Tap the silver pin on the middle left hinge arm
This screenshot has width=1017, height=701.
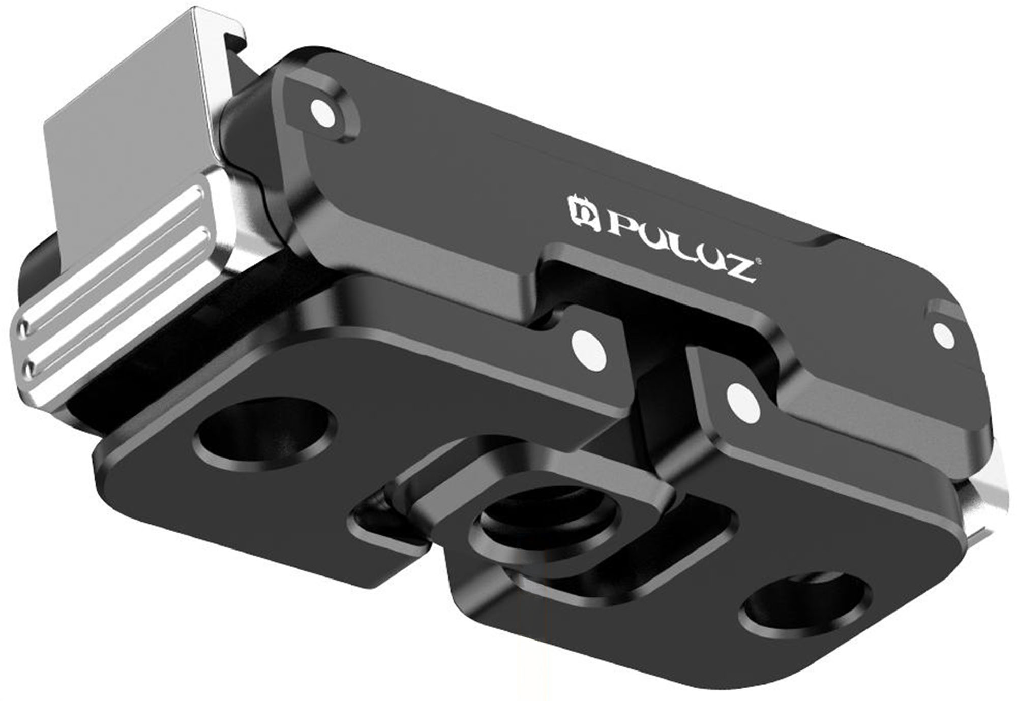click(589, 347)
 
